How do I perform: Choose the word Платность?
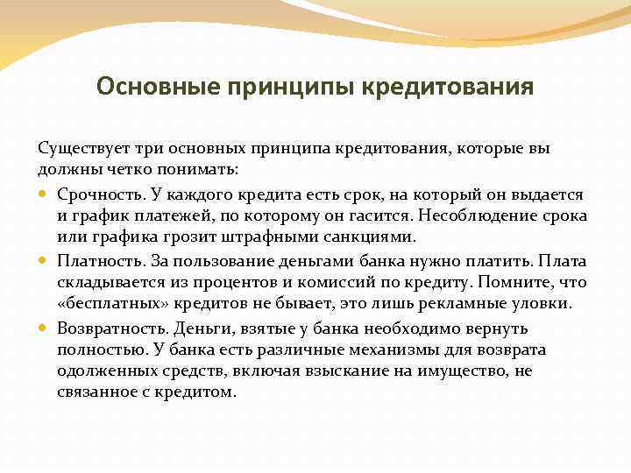coord(95,260)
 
